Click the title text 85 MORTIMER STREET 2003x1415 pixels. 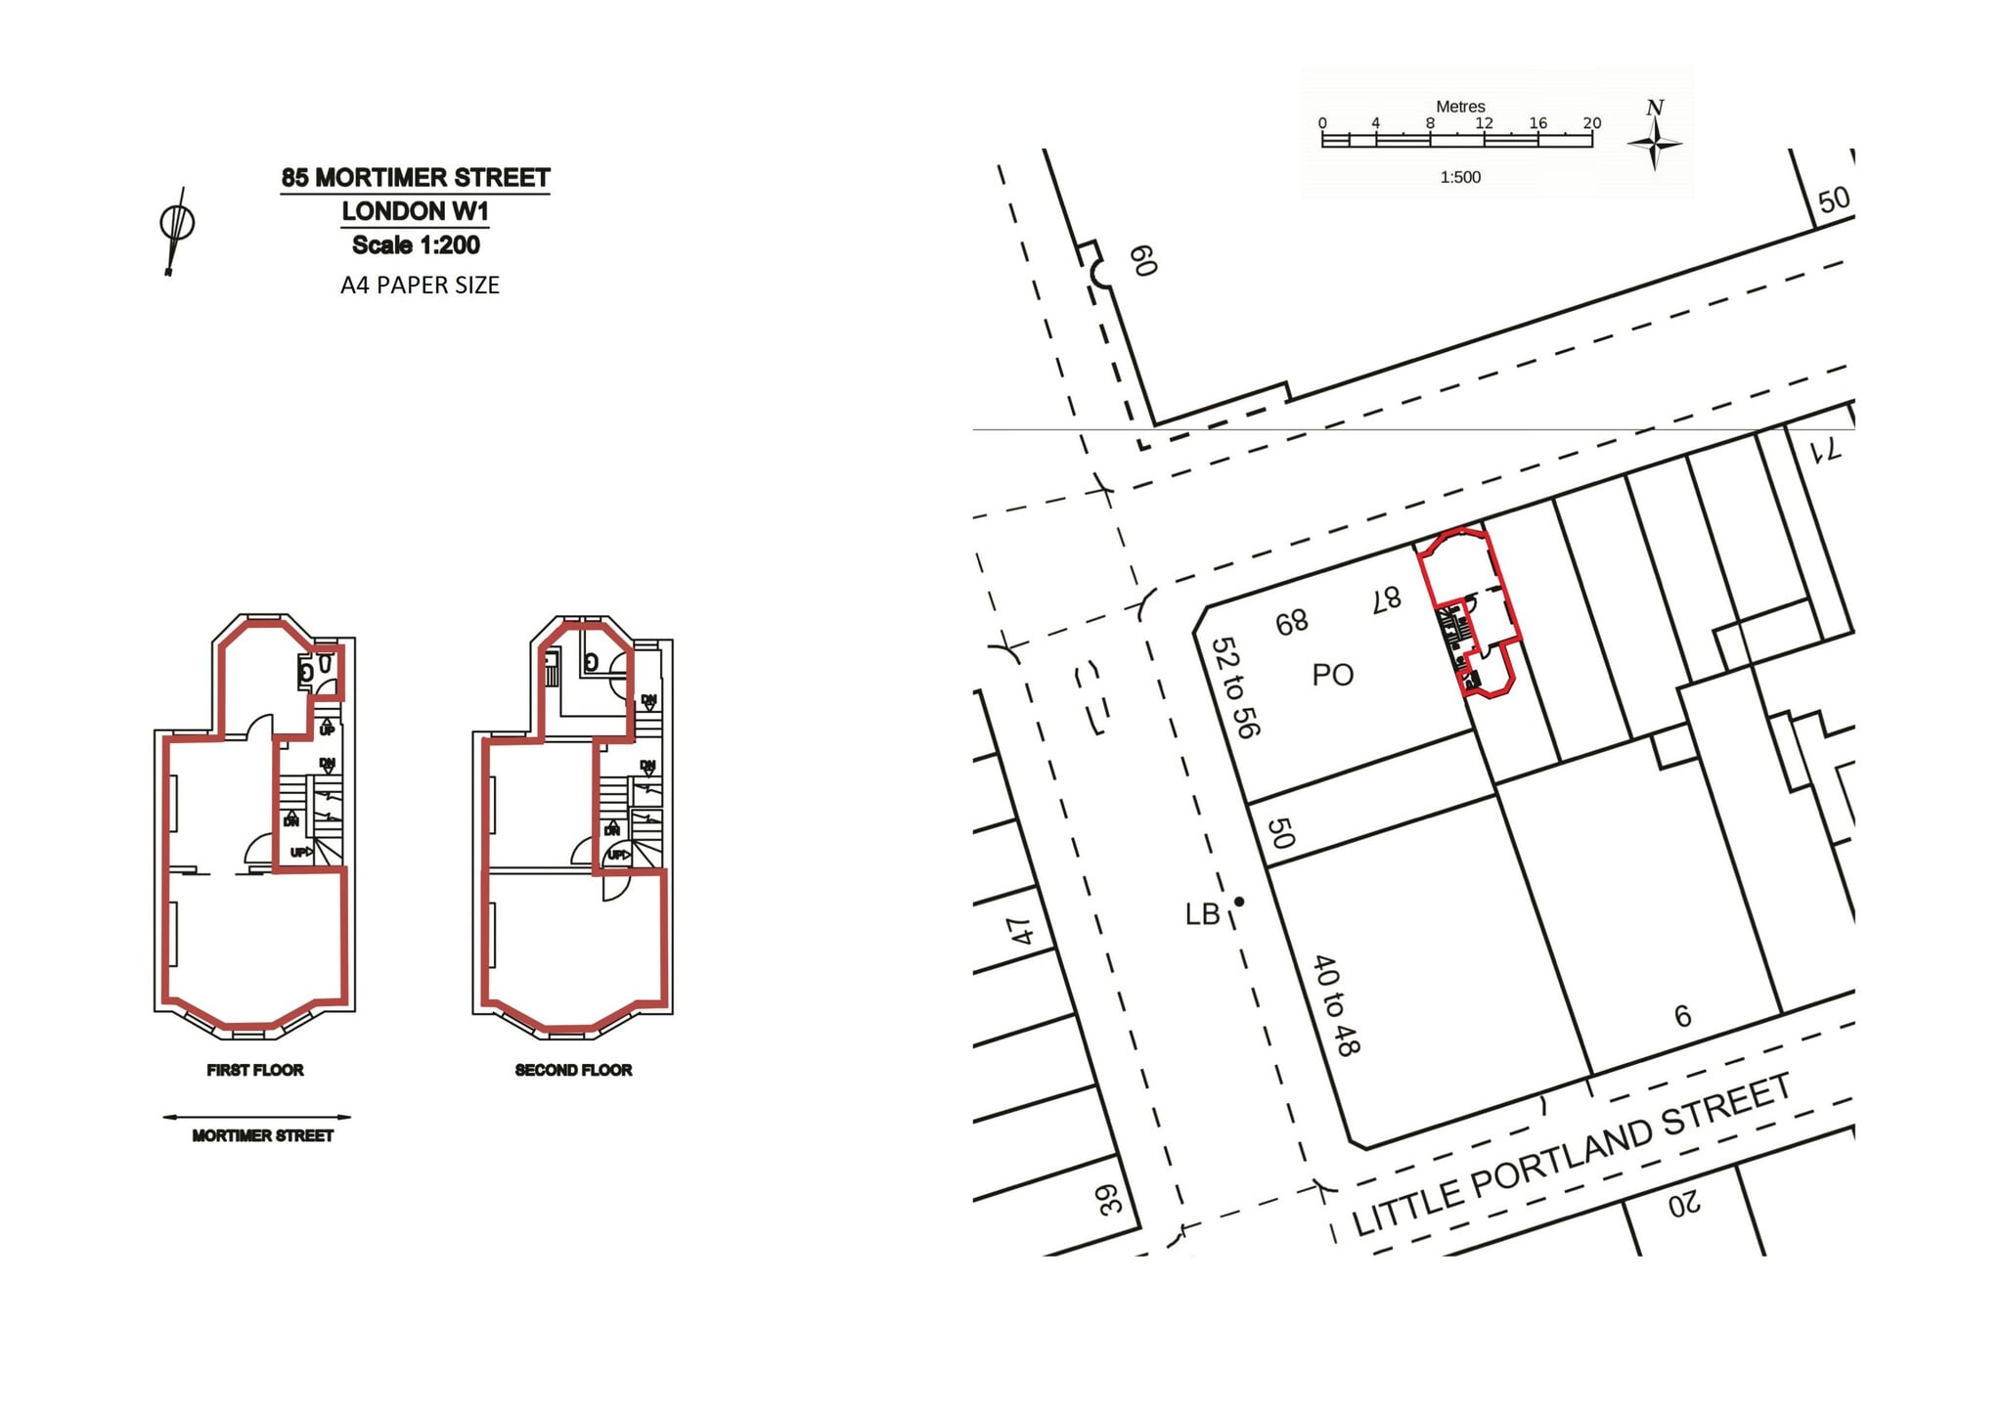pyautogui.click(x=416, y=178)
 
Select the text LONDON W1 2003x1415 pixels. pyautogui.click(x=415, y=211)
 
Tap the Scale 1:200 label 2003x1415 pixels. pyautogui.click(x=416, y=244)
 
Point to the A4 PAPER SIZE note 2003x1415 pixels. pyautogui.click(x=420, y=286)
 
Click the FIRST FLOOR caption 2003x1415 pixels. pyautogui.click(x=255, y=1070)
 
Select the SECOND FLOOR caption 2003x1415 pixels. pyautogui.click(x=573, y=1070)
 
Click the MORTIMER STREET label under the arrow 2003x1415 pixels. pyautogui.click(x=262, y=1135)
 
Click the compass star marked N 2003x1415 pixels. pyautogui.click(x=1655, y=143)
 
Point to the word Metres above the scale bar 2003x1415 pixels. pyautogui.click(x=1460, y=107)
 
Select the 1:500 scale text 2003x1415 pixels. pyautogui.click(x=1460, y=177)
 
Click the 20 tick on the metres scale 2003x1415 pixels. pyautogui.click(x=1592, y=123)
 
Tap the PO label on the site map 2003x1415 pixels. pyautogui.click(x=1332, y=675)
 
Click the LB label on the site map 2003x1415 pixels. pyautogui.click(x=1202, y=914)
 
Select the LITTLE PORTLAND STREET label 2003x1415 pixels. pyautogui.click(x=1571, y=1155)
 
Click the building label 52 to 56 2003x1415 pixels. pyautogui.click(x=1235, y=687)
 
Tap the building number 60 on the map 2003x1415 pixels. pyautogui.click(x=1143, y=261)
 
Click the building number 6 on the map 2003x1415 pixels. pyautogui.click(x=1682, y=1017)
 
